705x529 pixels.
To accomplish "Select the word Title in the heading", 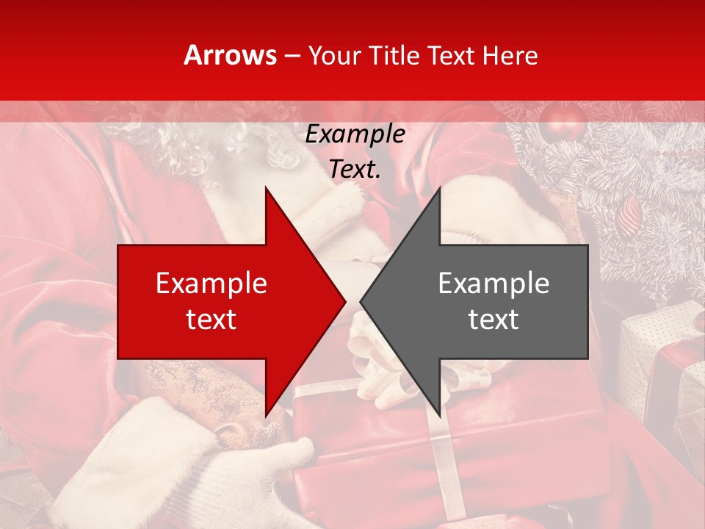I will pyautogui.click(x=391, y=55).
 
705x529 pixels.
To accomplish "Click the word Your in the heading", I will pyautogui.click(x=334, y=56).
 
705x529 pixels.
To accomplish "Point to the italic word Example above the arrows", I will pyautogui.click(x=355, y=134).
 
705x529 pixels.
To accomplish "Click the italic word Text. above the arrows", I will pyautogui.click(x=355, y=169).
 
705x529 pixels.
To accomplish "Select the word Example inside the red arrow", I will pyautogui.click(x=211, y=284).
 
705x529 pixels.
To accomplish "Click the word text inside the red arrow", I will pyautogui.click(x=211, y=320).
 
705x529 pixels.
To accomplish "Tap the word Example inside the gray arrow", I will pyautogui.click(x=493, y=284).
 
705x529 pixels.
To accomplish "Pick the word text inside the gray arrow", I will pyautogui.click(x=493, y=320).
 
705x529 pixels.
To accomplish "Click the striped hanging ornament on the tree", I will pyautogui.click(x=631, y=214).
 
